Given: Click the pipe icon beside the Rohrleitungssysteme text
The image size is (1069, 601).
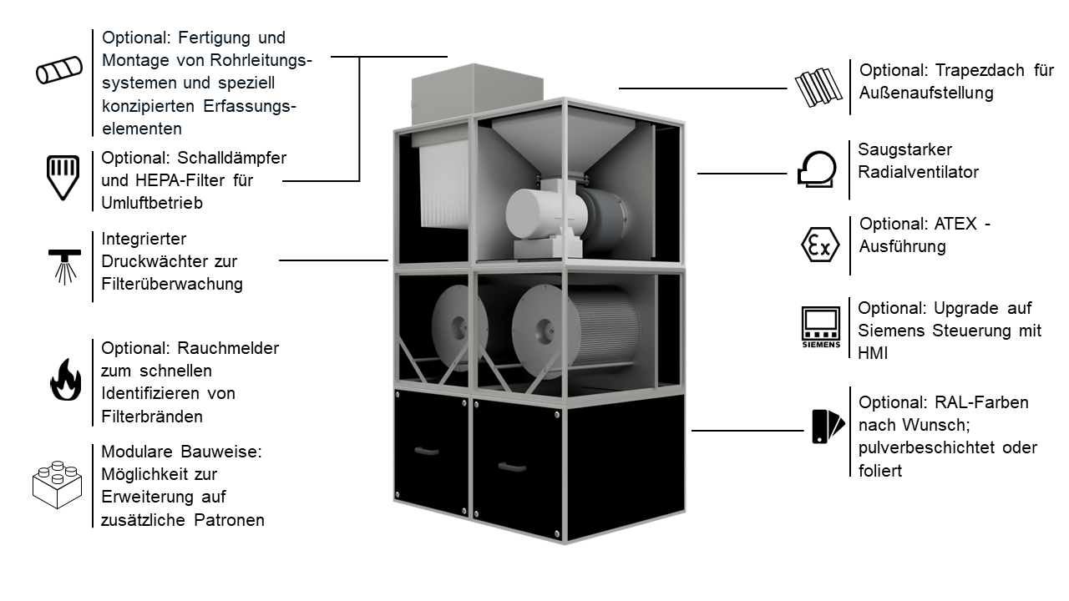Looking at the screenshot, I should pos(59,69).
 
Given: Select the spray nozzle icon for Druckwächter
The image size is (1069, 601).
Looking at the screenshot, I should pos(62,264).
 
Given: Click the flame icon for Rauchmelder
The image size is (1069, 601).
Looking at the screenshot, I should pos(64,381).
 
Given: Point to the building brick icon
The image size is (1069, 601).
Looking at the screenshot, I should pos(57,484).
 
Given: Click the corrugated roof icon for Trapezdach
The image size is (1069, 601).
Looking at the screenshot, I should pos(816,87).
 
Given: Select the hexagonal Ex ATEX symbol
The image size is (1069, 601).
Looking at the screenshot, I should pos(816,245).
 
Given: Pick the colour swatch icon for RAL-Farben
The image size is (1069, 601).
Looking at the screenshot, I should pos(828,426).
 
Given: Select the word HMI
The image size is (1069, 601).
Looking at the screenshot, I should pos(873,353).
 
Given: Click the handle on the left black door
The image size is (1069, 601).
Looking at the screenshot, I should pos(426,451).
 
